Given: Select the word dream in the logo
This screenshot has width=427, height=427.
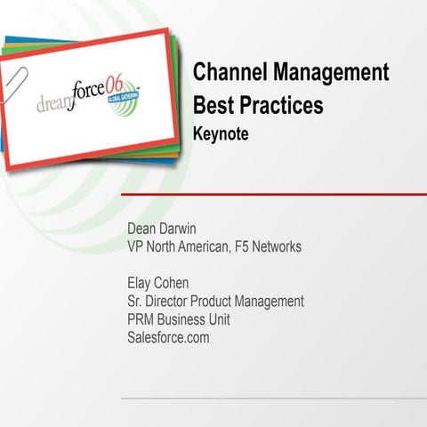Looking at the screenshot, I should click(55, 103).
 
